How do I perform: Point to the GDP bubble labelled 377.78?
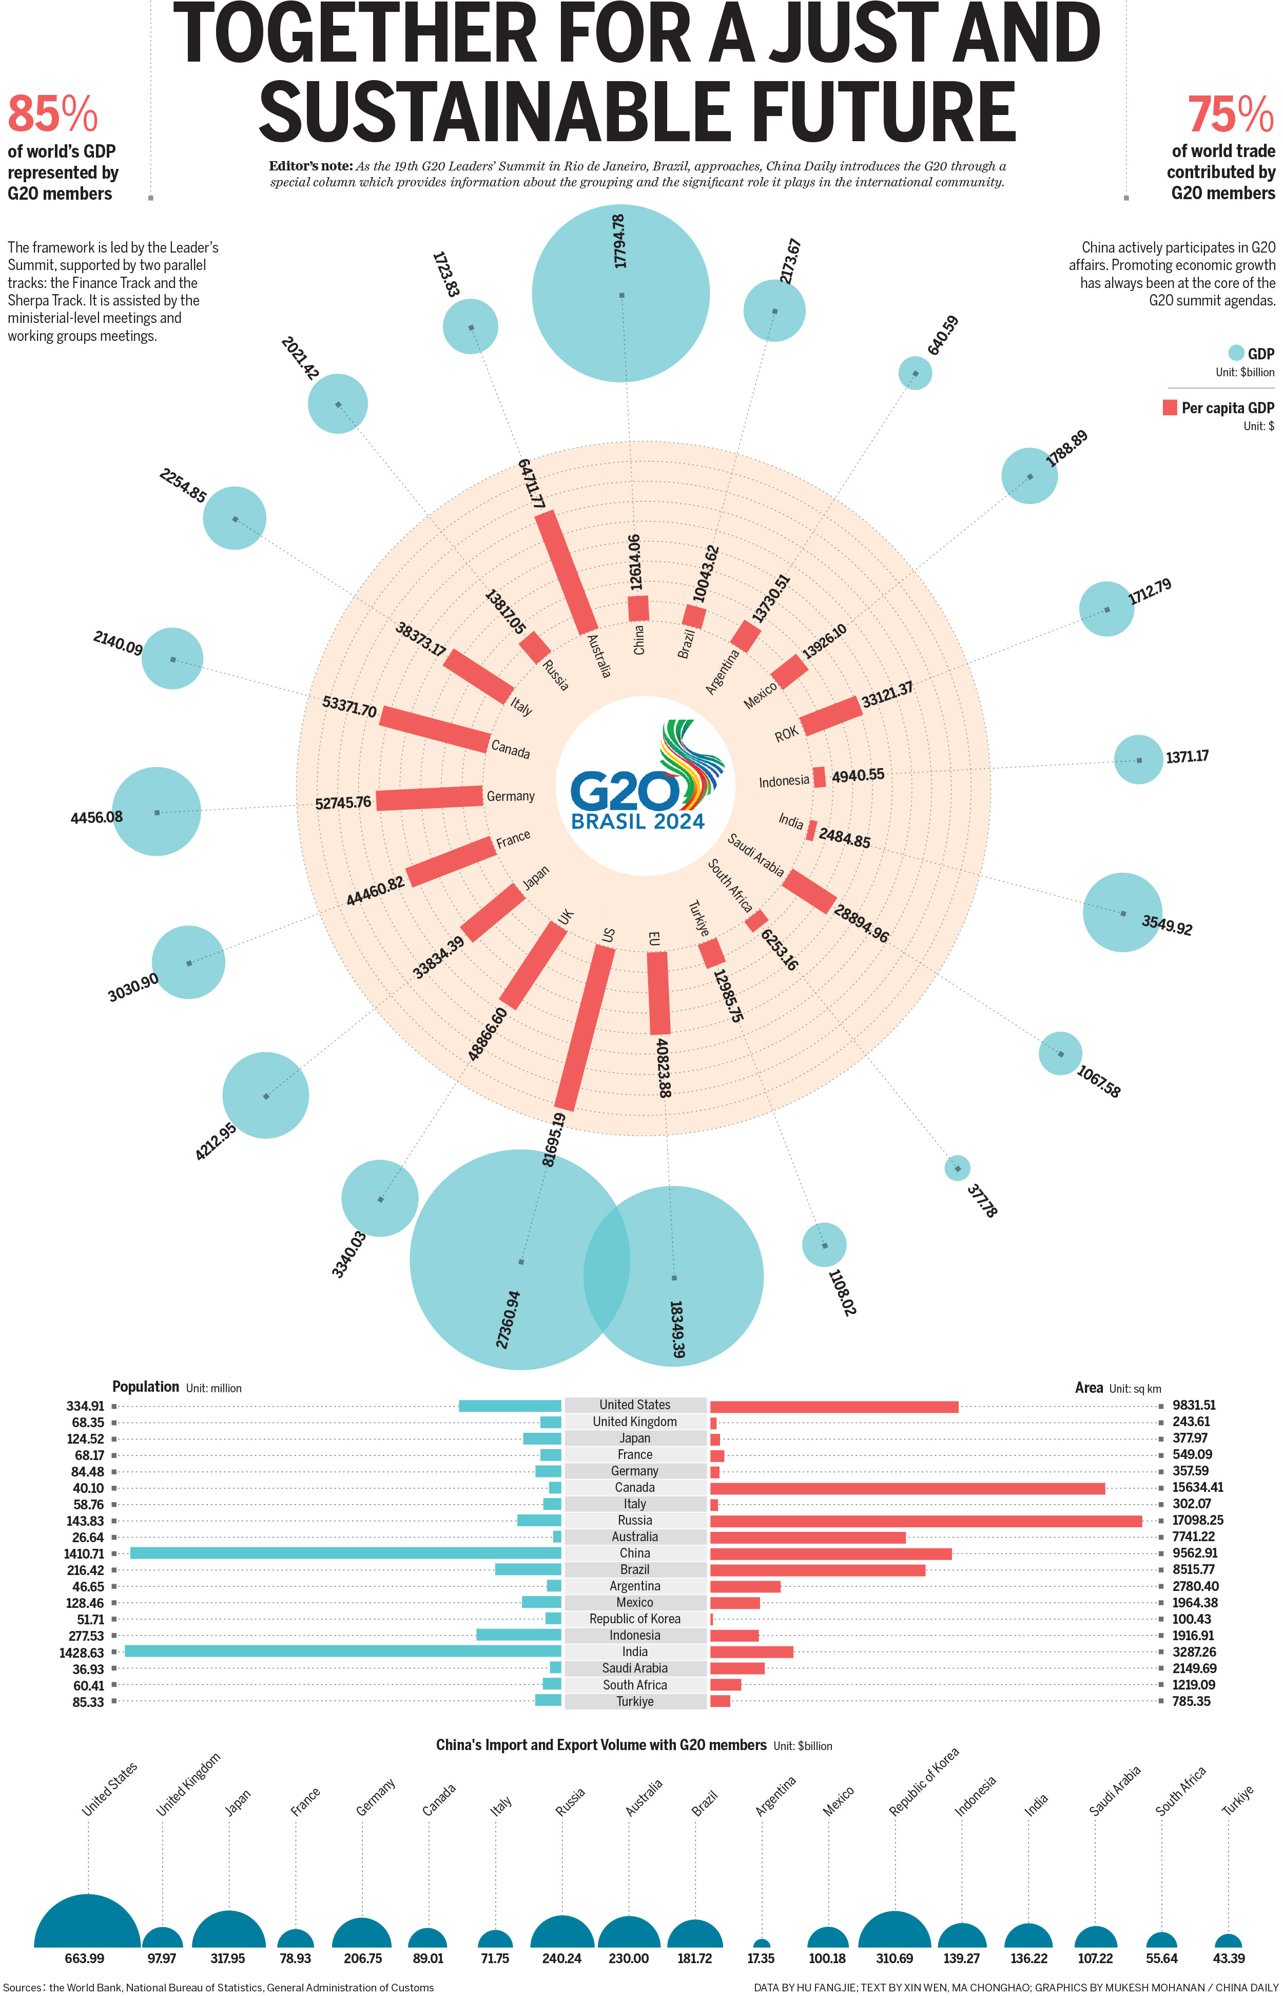(x=957, y=1167)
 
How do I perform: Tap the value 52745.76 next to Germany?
(x=343, y=802)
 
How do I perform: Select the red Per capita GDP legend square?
(x=1170, y=408)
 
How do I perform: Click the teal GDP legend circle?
(x=1235, y=353)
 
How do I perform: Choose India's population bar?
(x=342, y=1651)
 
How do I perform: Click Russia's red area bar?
(x=925, y=1520)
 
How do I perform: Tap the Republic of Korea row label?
(x=635, y=1619)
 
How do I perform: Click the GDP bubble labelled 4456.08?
(x=157, y=811)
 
